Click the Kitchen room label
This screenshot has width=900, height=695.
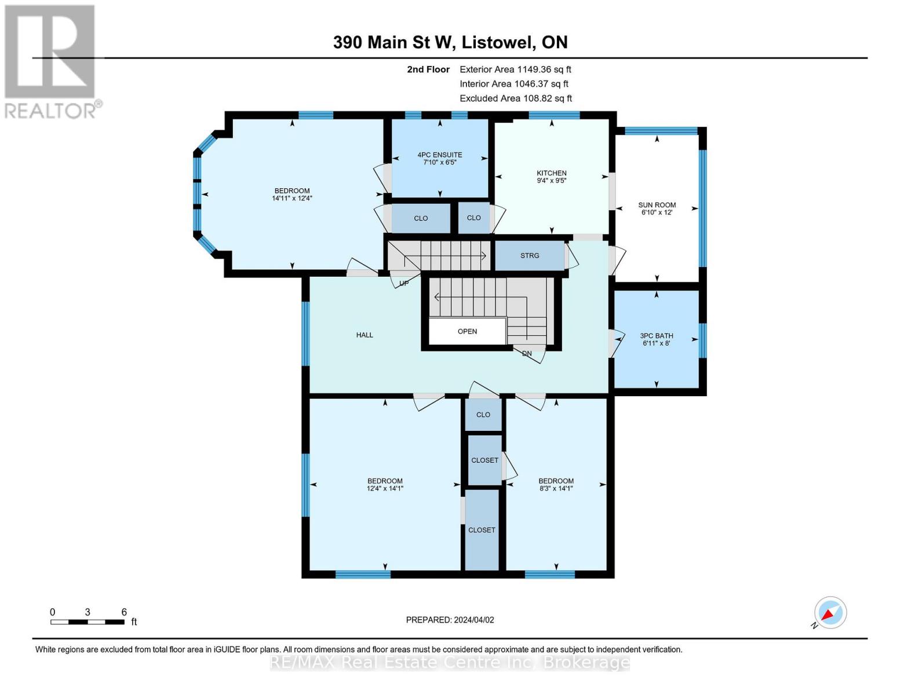pos(551,173)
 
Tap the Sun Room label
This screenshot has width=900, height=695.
pos(657,205)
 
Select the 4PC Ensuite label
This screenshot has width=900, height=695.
pos(440,155)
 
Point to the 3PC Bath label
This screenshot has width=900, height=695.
pos(656,336)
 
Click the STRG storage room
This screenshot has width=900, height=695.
pos(529,255)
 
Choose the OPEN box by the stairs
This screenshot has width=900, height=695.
pos(467,332)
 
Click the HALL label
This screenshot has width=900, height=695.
pos(365,335)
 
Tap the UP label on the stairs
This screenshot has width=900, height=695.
pos(404,283)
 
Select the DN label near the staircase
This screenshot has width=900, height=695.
pos(527,353)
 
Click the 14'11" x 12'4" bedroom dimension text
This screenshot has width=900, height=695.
pos(292,199)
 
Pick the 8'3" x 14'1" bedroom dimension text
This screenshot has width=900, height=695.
pos(556,489)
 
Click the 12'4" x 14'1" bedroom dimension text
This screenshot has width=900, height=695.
pos(385,489)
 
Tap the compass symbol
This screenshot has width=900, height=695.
pos(830,613)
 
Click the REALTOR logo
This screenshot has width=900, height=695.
pos(50,61)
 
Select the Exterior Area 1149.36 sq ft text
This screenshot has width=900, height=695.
pos(515,69)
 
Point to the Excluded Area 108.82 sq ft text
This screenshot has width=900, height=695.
pos(515,98)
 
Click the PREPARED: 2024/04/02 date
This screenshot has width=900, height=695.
pos(450,620)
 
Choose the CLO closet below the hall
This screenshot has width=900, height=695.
pos(483,415)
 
